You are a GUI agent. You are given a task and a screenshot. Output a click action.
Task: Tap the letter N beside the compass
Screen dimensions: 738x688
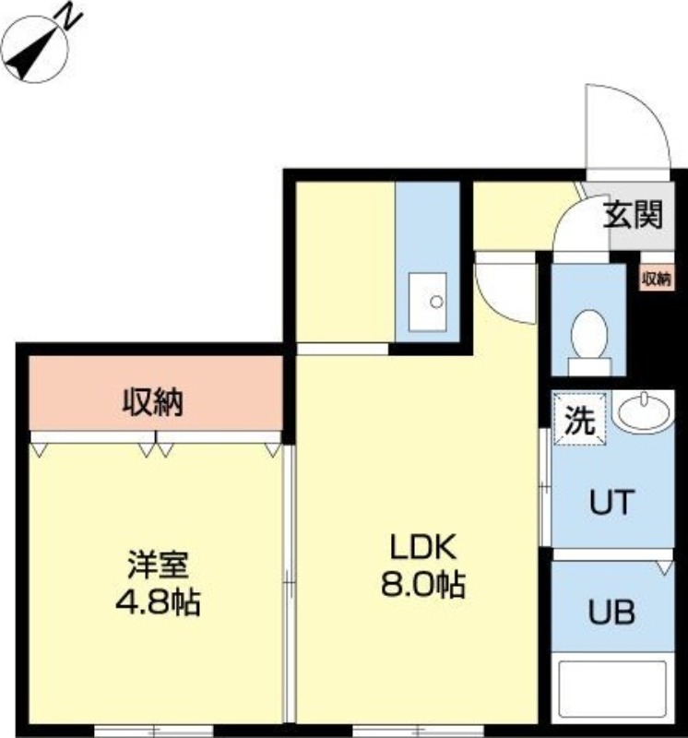click(x=67, y=17)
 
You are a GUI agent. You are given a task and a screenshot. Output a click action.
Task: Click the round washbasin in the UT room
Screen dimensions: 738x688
click(x=644, y=412)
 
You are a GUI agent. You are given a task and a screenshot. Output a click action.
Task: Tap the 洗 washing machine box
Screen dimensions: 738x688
click(x=579, y=422)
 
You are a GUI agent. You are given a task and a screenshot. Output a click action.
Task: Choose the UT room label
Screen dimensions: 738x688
click(x=611, y=503)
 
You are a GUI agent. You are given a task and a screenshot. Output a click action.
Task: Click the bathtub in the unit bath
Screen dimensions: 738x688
click(x=613, y=692)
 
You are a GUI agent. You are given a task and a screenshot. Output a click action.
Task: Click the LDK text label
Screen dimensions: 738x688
click(x=422, y=549)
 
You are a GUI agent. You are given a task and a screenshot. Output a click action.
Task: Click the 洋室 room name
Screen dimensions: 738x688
click(x=158, y=564)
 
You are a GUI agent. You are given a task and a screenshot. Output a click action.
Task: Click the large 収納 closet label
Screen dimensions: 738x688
click(x=155, y=402)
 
